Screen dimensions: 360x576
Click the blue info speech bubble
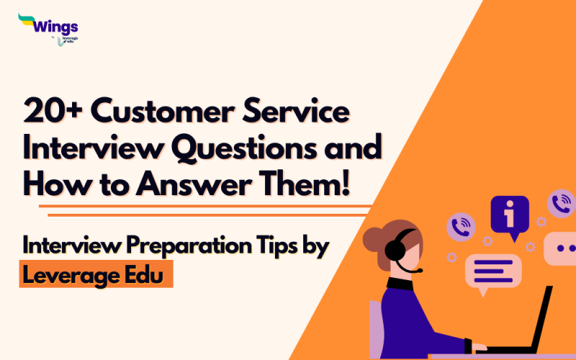pos(509,215)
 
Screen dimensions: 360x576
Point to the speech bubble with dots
pos(560,249)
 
